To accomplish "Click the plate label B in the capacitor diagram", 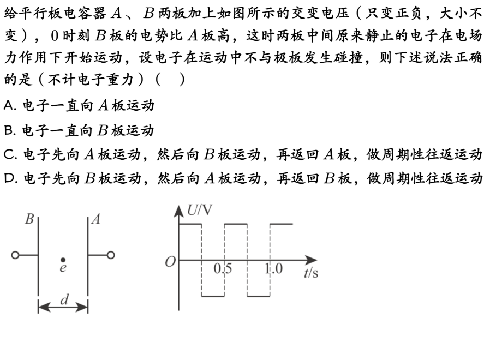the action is (x=29, y=219).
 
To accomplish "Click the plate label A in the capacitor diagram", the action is (x=96, y=219).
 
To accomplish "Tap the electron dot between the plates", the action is (x=63, y=260).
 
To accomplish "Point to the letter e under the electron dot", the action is (x=63, y=268).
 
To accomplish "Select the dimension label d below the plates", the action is (x=64, y=299).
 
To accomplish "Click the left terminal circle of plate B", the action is (x=15, y=255).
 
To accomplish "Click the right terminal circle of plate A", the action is (x=111, y=255).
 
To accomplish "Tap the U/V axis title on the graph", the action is (x=200, y=210).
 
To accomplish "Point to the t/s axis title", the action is (x=311, y=273).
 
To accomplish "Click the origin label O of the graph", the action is (x=170, y=262).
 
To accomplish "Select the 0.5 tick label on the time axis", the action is (x=223, y=269).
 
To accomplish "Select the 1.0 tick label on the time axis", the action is (x=273, y=269).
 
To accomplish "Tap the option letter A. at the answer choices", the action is (x=10, y=105).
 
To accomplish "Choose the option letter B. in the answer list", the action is (x=10, y=130).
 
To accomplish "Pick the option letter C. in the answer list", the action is (x=10, y=154).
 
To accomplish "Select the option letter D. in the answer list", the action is (x=10, y=178).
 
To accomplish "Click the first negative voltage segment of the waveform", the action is (x=213, y=296).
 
